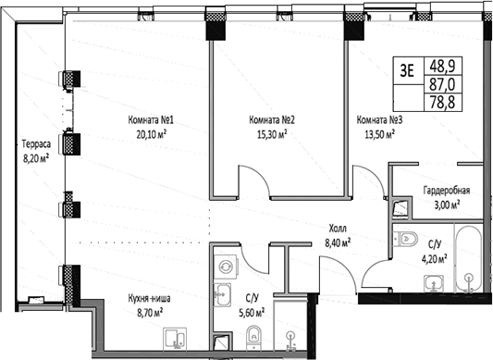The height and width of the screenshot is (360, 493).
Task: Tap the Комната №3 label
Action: coord(377,119)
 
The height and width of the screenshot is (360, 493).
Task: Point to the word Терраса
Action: coord(38,143)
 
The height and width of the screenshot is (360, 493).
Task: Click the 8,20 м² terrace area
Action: coord(38,157)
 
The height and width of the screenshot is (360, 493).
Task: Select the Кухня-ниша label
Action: coord(150,299)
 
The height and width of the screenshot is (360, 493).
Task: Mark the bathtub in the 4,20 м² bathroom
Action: coord(468,254)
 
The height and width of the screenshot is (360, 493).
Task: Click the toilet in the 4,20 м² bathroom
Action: coord(408,241)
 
